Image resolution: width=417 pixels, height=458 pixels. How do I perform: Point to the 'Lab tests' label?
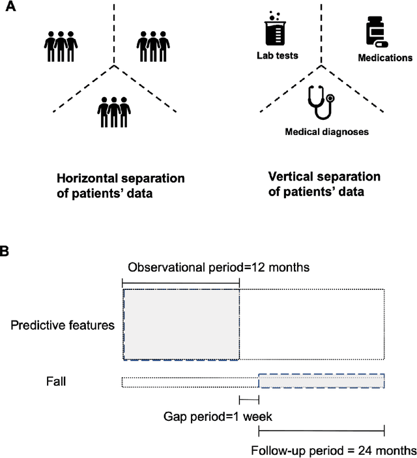(277, 56)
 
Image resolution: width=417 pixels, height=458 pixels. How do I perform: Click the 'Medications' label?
(385, 58)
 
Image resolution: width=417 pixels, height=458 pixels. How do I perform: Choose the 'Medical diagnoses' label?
(326, 132)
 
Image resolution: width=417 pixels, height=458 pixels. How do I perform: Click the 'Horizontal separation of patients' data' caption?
(121, 185)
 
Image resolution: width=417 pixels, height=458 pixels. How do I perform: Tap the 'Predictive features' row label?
(62, 324)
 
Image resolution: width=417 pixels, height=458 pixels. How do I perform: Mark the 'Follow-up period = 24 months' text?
(333, 450)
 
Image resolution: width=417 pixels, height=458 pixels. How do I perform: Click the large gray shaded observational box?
(180, 324)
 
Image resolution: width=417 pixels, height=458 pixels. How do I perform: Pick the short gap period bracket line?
(249, 399)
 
